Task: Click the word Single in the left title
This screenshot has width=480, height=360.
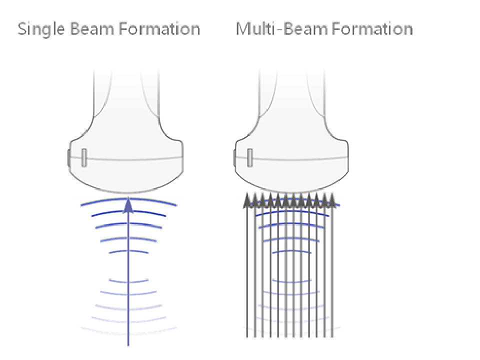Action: pos(41,29)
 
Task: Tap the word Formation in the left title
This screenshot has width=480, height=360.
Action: pos(160,28)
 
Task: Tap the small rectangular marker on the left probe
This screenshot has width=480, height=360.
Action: pos(84,157)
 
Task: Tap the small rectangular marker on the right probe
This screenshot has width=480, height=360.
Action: pos(249,157)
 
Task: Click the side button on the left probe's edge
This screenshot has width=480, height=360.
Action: pos(69,158)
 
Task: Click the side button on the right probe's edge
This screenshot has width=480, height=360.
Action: pos(234,158)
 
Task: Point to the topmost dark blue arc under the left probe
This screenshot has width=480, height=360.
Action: pos(128,200)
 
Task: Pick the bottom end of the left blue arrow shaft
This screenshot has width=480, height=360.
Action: pos(128,344)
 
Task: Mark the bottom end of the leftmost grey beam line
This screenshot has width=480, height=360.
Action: pos(247,336)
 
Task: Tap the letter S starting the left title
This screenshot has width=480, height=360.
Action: pos(22,29)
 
